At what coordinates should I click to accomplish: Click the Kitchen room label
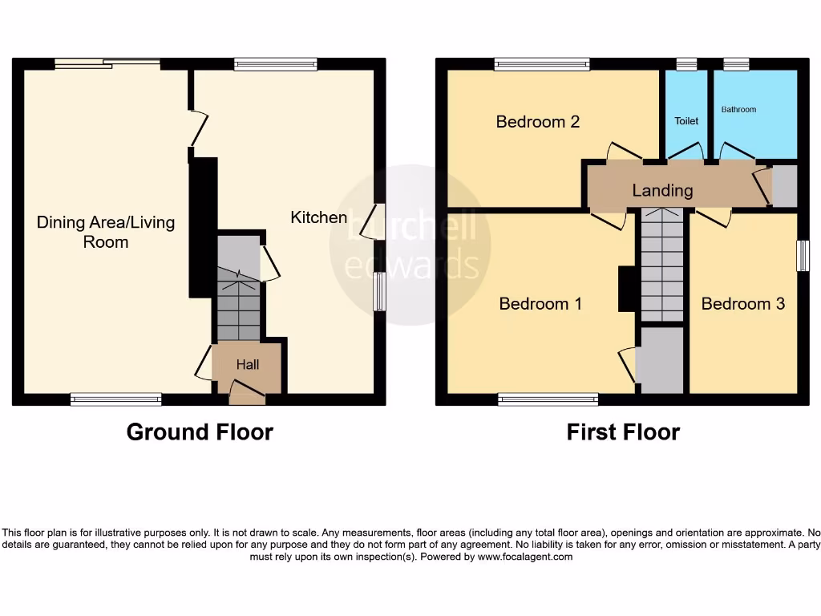[318, 217]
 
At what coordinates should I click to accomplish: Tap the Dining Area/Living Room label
[106, 232]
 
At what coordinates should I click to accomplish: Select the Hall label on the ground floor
[248, 365]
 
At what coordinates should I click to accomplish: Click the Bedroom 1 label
[540, 304]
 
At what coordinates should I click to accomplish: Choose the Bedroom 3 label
[742, 304]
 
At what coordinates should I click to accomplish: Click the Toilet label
[686, 121]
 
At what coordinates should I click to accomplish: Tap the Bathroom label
[738, 110]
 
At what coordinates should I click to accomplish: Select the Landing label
[662, 191]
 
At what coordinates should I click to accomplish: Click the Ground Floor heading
[200, 432]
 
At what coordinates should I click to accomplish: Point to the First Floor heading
[623, 432]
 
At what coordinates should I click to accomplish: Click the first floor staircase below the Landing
[661, 265]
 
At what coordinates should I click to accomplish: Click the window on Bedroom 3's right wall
[801, 256]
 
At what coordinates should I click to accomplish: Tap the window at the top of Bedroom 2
[542, 64]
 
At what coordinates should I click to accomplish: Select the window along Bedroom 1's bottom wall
[548, 399]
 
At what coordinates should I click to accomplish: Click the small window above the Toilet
[686, 64]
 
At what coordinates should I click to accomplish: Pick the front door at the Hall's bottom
[246, 391]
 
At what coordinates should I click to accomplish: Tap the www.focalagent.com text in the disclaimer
[524, 557]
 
